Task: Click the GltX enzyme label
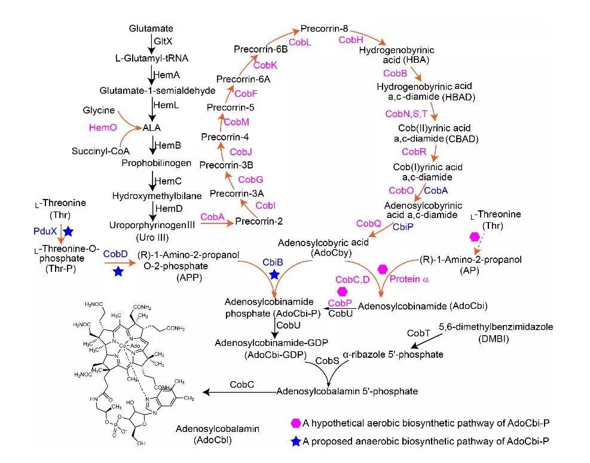coord(163,43)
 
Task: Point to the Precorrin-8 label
coord(324,29)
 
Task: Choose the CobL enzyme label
coord(299,42)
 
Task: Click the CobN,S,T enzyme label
coord(406,114)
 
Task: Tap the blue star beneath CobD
coord(118,272)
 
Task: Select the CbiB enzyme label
coord(274,261)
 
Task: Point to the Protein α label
coord(410,278)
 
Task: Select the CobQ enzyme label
coord(368,223)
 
